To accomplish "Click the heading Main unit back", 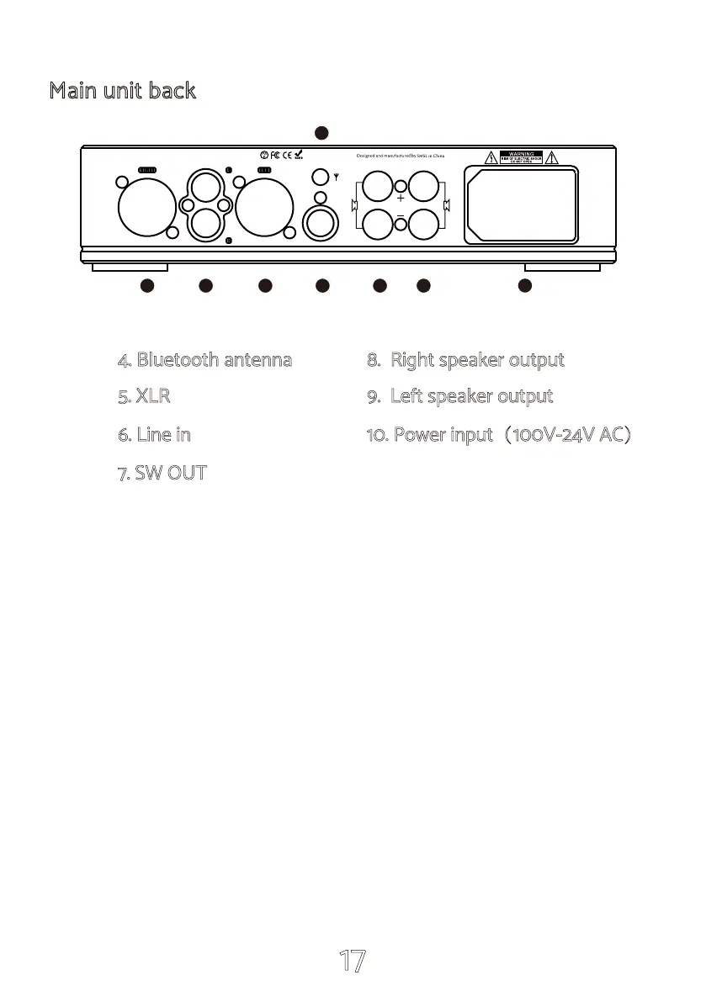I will point(122,91).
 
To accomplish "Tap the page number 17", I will point(352,961).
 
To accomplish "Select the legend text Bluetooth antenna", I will point(205,360).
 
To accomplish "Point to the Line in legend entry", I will point(154,435).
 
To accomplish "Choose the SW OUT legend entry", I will point(162,473).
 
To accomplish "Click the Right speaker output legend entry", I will point(465,360).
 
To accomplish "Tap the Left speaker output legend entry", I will point(460,396).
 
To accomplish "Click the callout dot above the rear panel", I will point(321,132).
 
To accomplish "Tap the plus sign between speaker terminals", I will point(401,199).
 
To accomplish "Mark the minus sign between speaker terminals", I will point(401,216).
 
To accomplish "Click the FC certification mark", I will point(275,155).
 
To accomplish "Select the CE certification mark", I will point(287,155).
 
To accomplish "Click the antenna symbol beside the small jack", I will point(336,179).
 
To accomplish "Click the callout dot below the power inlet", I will point(524,286).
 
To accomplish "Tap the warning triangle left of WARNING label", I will point(491,156).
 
